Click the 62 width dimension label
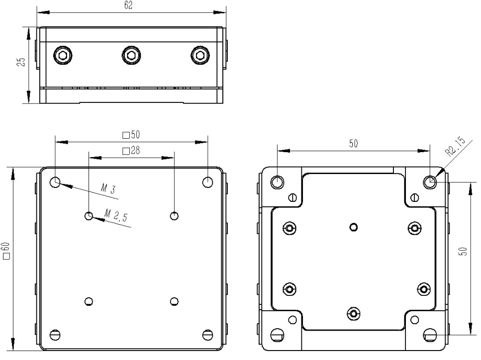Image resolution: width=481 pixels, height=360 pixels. point(128,5)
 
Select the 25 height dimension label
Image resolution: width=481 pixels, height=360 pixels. point(21,62)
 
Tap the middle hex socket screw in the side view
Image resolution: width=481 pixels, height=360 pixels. point(131,56)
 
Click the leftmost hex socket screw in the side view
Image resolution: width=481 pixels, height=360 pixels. point(63,56)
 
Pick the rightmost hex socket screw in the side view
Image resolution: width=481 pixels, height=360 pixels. point(200,56)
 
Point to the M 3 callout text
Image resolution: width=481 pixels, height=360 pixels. point(108,188)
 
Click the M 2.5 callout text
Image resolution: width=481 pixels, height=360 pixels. point(115,215)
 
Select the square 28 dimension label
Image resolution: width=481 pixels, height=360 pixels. point(131,151)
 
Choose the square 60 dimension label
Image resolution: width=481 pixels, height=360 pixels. point(6,251)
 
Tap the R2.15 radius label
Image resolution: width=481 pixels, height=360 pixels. point(455,147)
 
